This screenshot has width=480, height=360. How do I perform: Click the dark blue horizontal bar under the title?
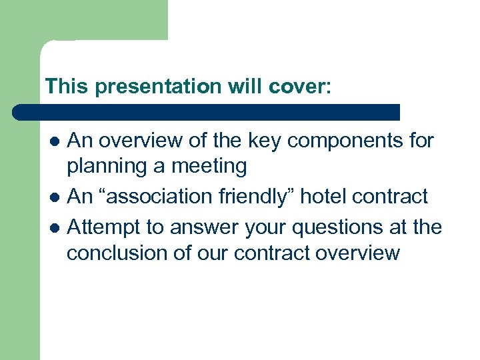(x=207, y=112)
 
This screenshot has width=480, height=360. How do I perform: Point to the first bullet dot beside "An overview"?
(x=56, y=141)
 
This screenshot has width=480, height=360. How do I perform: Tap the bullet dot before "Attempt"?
(x=56, y=228)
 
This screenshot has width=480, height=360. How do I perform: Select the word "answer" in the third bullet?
(x=204, y=227)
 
